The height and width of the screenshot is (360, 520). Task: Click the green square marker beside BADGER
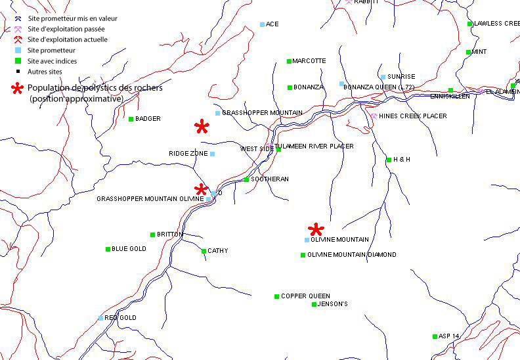pos(131,119)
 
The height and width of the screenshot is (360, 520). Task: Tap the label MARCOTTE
pos(309,61)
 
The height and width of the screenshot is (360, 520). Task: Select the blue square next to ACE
pos(263,24)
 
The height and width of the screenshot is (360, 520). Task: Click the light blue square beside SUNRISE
pos(383,77)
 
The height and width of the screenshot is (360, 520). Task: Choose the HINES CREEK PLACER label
pos(412,116)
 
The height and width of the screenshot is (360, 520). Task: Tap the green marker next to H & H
pos(389,160)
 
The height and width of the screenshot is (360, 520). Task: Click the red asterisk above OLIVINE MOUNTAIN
pos(316,229)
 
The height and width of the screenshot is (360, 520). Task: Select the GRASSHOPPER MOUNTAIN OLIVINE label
pos(150,198)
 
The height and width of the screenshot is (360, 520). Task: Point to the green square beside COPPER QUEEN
pos(276,296)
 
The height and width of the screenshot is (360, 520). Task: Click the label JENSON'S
pos(333,304)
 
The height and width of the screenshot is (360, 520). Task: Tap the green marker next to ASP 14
pos(435,336)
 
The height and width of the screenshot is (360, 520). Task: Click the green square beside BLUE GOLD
pos(108,249)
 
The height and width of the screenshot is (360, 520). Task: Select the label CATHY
pos(217,251)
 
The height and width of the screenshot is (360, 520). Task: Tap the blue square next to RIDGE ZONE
pos(212,154)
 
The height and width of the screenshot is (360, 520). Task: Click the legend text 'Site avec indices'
pos(52,61)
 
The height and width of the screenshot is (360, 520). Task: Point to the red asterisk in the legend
pos(18,88)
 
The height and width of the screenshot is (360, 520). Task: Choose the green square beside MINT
pos(468,52)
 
